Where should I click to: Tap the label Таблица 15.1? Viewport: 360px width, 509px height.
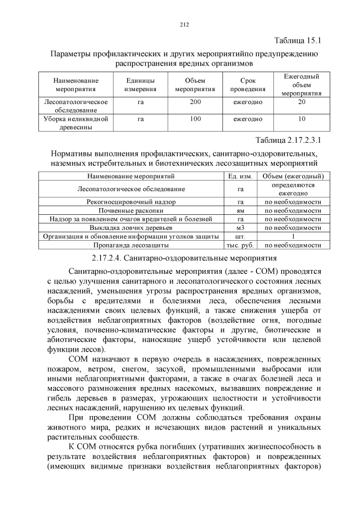[x=298, y=42]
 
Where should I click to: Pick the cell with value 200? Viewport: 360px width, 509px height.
[x=195, y=102]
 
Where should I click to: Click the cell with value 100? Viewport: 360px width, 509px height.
[x=195, y=119]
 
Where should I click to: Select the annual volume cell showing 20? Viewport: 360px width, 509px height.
[x=301, y=102]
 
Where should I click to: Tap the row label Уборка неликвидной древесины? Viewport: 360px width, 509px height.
[x=76, y=123]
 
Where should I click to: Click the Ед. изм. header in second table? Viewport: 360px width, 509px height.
[x=240, y=176]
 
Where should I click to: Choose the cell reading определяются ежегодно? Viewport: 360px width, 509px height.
[x=292, y=188]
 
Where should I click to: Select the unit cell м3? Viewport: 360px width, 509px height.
[x=240, y=228]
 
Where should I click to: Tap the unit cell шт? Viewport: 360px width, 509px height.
[x=240, y=236]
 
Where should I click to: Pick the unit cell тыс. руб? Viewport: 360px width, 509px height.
[x=240, y=245]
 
